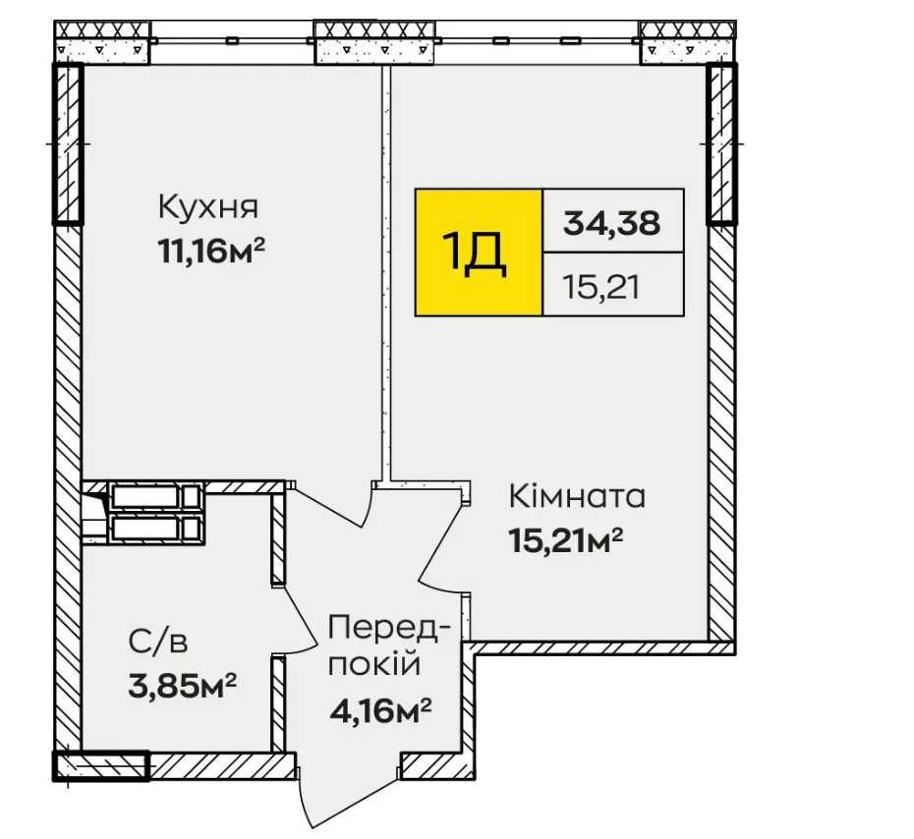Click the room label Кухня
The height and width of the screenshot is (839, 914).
(207, 208)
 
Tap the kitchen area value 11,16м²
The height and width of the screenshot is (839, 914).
(212, 252)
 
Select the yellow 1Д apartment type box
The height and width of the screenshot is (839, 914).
(479, 252)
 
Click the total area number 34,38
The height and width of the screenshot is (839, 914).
(612, 221)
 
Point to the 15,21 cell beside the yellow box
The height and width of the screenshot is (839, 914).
(612, 285)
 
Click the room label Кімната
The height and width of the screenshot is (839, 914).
(577, 496)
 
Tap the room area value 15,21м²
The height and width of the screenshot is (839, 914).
(567, 539)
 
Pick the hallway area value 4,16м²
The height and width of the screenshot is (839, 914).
(381, 707)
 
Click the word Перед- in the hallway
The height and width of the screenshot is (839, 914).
(389, 627)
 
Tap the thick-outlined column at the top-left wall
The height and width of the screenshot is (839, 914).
(67, 143)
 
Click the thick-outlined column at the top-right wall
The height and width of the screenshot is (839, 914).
(721, 143)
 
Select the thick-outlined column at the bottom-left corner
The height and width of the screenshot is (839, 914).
(99, 765)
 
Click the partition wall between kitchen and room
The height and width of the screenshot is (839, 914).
(387, 275)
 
